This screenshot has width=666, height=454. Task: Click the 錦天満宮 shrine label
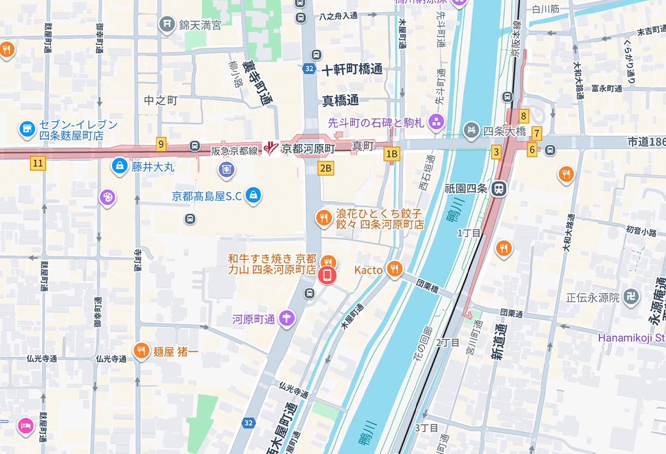click(x=199, y=25)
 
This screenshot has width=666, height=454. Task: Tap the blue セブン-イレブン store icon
click(x=26, y=129)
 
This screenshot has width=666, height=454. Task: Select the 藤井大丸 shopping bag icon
click(x=119, y=165)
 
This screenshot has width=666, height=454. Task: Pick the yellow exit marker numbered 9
click(x=161, y=144)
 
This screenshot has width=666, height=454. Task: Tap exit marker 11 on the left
click(x=38, y=163)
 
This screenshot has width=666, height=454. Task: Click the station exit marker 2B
click(x=326, y=168)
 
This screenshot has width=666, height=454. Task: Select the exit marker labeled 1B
click(x=392, y=154)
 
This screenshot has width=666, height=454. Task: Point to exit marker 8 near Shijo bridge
click(x=523, y=116)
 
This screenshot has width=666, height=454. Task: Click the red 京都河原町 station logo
click(x=270, y=148)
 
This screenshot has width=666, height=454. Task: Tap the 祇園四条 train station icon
click(x=500, y=189)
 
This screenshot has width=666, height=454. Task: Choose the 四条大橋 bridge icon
click(x=471, y=131)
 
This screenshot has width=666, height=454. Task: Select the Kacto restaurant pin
click(x=394, y=270)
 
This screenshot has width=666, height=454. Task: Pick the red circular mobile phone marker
click(x=327, y=275)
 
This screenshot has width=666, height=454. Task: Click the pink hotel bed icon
click(x=25, y=426)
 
